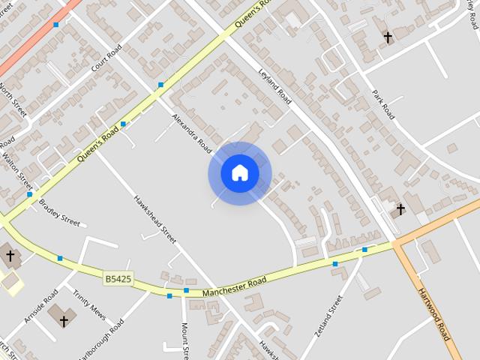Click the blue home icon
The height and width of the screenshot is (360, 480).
pyautogui.click(x=239, y=173)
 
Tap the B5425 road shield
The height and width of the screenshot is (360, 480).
pyautogui.click(x=118, y=279)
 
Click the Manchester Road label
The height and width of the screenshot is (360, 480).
pyautogui.click(x=233, y=285)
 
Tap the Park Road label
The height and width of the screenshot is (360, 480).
pyautogui.click(x=383, y=104)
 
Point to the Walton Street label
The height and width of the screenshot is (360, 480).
pyautogui.click(x=17, y=172)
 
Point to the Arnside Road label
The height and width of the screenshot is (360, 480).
pyautogui.click(x=40, y=306)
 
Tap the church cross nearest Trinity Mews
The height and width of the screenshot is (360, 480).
pyautogui.click(x=64, y=321)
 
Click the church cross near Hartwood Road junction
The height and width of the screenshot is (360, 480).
pyautogui.click(x=400, y=208)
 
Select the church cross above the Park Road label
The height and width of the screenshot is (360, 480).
pyautogui.click(x=388, y=37)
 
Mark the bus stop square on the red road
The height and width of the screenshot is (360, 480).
pyautogui.click(x=55, y=25)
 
